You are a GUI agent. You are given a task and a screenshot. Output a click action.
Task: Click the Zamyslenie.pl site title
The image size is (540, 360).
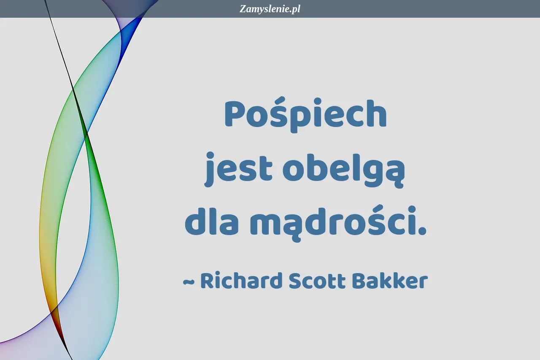270,9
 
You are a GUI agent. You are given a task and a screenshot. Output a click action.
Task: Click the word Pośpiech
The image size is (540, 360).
306,115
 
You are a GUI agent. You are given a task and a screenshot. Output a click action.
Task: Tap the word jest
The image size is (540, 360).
238,169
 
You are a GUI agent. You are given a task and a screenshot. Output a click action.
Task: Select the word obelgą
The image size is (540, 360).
343,169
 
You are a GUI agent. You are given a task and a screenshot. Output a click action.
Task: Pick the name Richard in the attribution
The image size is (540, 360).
241,280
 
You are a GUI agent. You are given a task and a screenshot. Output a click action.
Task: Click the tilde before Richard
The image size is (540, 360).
189,282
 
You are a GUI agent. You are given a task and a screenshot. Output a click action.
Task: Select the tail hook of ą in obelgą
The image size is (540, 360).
399,184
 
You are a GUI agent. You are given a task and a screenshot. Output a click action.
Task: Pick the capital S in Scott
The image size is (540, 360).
297,280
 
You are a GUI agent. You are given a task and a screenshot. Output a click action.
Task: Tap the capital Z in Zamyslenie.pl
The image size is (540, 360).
243,9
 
